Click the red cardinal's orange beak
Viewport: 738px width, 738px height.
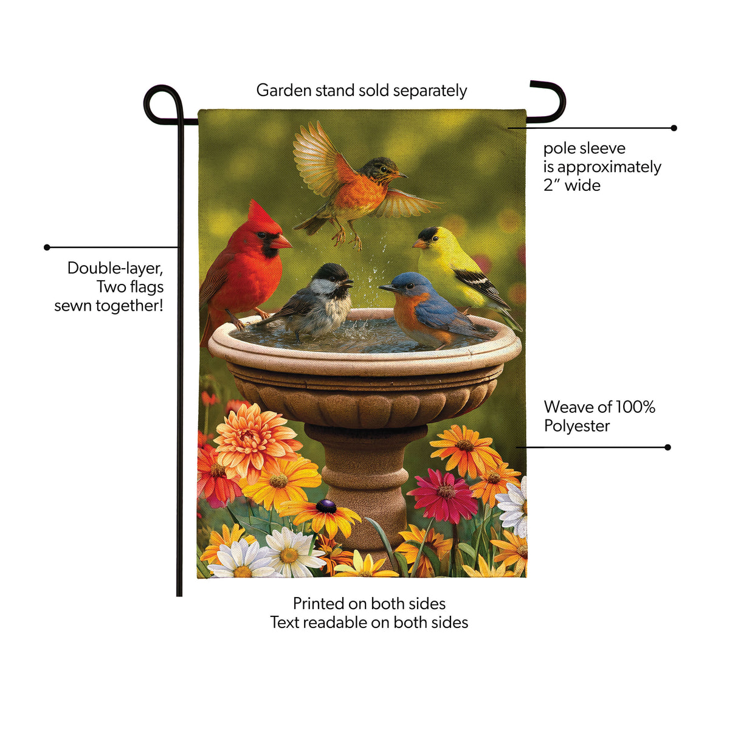pos(281,242)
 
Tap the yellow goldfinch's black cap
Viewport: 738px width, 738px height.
pos(429,233)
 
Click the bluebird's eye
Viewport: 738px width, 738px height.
pos(410,285)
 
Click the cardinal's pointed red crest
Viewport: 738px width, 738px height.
pos(258,214)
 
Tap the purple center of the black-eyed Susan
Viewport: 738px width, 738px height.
pos(326,506)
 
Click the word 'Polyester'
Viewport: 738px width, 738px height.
pos(577,426)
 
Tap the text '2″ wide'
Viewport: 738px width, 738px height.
pos(572,185)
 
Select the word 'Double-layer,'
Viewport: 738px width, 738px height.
pos(116,269)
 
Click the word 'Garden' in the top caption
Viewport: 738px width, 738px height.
pos(284,91)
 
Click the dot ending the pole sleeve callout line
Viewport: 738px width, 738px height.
pos(674,128)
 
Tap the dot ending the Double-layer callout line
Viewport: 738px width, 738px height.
pos(47,247)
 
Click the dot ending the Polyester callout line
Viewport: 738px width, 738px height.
pos(667,447)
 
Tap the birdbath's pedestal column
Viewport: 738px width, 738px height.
pos(366,486)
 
